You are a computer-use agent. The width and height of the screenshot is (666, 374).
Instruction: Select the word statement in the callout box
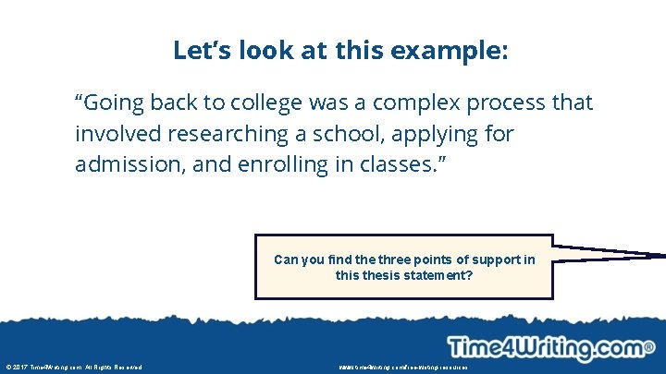[x=438, y=274]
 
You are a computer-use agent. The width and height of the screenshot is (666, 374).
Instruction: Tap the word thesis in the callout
[x=382, y=274]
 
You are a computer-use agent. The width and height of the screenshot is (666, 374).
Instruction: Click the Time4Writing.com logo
[x=551, y=348]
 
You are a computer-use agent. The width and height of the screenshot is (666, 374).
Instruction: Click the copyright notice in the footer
[x=74, y=368]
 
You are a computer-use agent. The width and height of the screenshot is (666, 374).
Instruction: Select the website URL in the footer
[x=403, y=368]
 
